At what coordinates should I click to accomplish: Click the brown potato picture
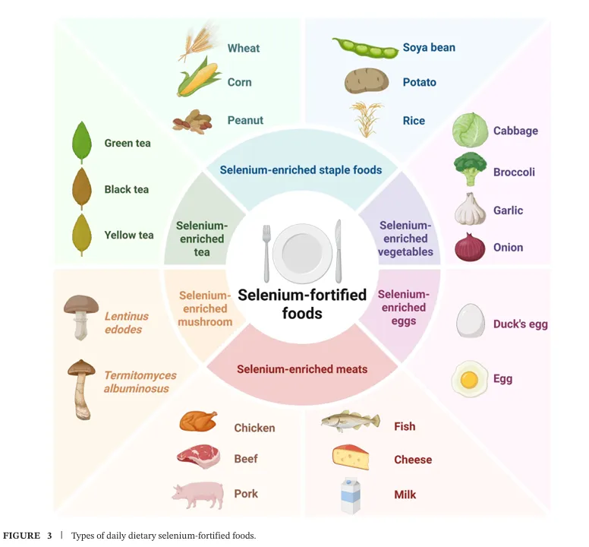[367, 81]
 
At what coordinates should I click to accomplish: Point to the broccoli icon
[471, 169]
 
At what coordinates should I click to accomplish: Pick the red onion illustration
[470, 247]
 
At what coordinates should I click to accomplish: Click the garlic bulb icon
[470, 210]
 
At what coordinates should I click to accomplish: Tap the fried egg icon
[469, 378]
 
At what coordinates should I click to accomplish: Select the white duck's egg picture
[471, 322]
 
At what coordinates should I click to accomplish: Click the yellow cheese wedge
[351, 457]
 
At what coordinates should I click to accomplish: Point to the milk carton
[350, 495]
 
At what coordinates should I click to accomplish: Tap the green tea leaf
[81, 142]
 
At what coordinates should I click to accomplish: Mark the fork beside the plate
[266, 251]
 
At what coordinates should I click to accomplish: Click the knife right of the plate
[339, 251]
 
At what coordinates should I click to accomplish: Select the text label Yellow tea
[129, 236]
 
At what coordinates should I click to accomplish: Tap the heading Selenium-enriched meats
[302, 369]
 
